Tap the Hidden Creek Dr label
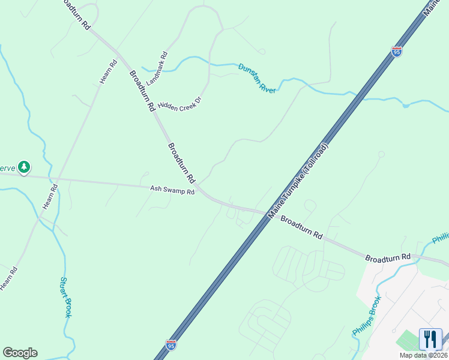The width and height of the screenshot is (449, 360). [x=178, y=99]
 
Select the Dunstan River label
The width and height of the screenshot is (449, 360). [x=256, y=78]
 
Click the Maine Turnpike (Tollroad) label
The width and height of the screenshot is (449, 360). [x=298, y=181]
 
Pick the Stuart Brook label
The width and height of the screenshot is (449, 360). [x=66, y=296]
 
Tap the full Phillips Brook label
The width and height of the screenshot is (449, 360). [x=367, y=317]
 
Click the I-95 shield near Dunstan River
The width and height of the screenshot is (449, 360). [x=396, y=52]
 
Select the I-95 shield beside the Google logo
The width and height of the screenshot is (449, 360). [x=171, y=345]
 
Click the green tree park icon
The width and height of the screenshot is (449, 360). [x=23, y=167]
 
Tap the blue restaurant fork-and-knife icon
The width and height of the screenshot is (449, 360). [x=430, y=339]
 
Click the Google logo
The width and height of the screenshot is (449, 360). [x=20, y=353]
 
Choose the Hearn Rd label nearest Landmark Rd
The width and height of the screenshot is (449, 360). [x=107, y=72]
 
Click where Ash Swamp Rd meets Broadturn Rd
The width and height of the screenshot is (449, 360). [x=207, y=195]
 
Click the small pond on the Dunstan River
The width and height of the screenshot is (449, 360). [x=406, y=106]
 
